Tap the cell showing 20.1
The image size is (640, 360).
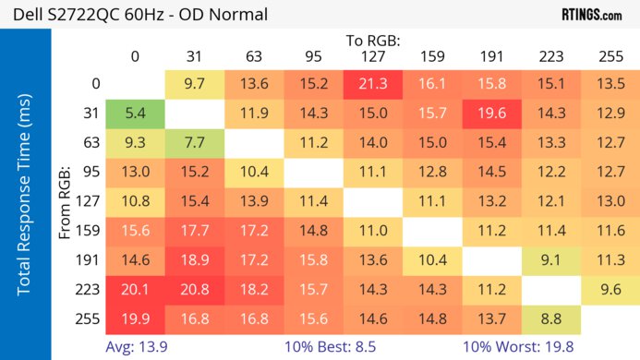[x=135, y=289]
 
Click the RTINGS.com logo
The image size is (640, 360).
[x=591, y=15]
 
